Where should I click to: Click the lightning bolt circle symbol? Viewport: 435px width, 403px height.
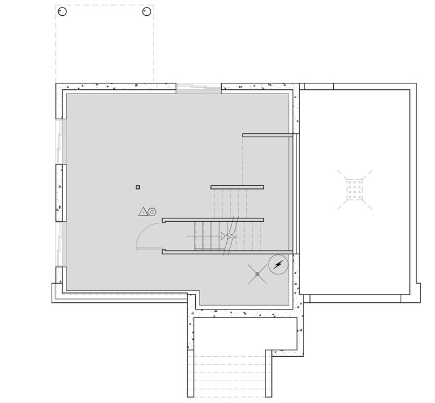coord(278,265)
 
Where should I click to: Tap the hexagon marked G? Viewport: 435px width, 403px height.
coord(152,212)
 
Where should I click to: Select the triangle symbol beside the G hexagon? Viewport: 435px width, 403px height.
coord(143,212)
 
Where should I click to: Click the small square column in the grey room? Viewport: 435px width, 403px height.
coord(138,187)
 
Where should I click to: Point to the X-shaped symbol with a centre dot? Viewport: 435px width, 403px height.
coord(257,274)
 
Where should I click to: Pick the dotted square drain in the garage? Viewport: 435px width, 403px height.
coord(355,190)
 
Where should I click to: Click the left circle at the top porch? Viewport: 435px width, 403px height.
coord(63,11)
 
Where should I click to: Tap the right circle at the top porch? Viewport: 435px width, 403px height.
coord(146,11)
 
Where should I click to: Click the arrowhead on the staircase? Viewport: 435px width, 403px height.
coord(223,236)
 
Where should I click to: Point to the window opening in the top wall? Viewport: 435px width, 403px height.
coord(198,87)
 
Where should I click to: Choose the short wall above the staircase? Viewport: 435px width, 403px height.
coord(237,187)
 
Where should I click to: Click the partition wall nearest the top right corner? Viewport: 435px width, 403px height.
coord(268,135)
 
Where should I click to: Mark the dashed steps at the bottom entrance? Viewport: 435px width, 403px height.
coord(229,373)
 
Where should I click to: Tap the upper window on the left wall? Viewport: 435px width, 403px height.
coord(61,142)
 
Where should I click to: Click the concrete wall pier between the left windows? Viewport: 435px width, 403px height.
coord(61,193)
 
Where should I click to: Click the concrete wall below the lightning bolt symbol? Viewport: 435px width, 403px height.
coord(296,289)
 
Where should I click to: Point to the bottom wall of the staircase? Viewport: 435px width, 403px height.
coord(227,252)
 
